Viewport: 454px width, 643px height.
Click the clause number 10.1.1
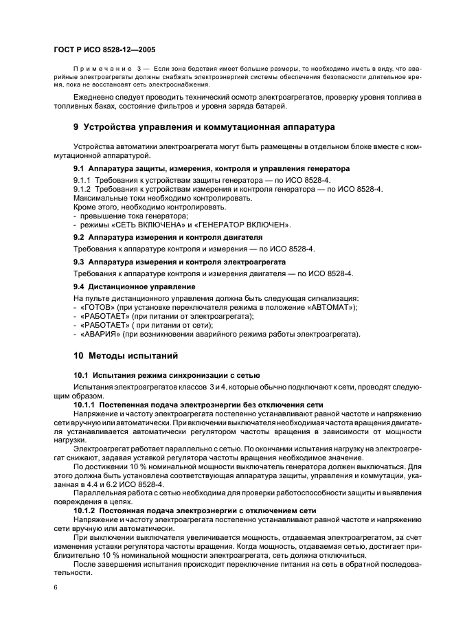pos(85,405)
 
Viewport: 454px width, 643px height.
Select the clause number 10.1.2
pos(85,511)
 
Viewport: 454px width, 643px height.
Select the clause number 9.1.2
pos(82,188)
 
